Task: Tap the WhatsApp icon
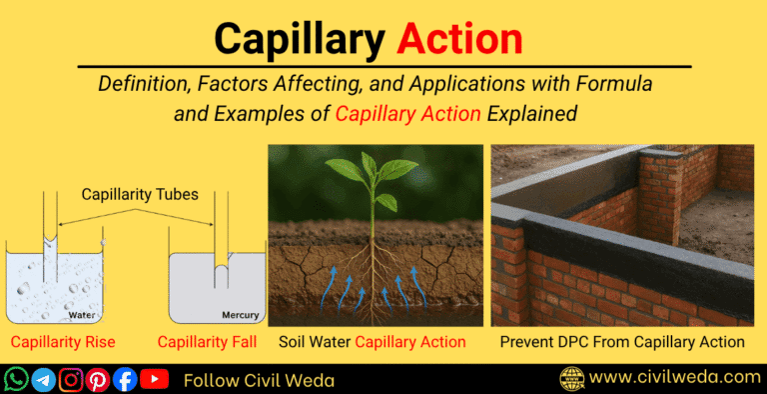coord(17,379)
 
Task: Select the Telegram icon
coord(44,379)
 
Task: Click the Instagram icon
coord(71,379)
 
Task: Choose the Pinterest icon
coord(98,379)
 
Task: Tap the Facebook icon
coord(125,379)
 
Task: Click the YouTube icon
coord(154,379)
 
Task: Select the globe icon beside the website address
coord(571,379)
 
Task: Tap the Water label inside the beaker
coord(82,315)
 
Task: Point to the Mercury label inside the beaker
coord(239,315)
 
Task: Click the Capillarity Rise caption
coord(64,343)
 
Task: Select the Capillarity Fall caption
coord(207,343)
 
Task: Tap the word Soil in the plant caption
coord(295,343)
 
